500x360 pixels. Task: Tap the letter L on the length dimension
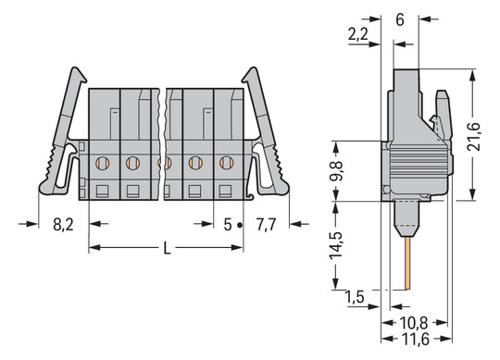coord(166,249)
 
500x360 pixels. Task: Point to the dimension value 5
coord(228,223)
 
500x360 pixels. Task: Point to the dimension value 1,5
coord(354,297)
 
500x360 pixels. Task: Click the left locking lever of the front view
coord(63,130)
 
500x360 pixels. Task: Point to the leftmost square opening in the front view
coord(102,191)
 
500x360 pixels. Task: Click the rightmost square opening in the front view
coord(226,191)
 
